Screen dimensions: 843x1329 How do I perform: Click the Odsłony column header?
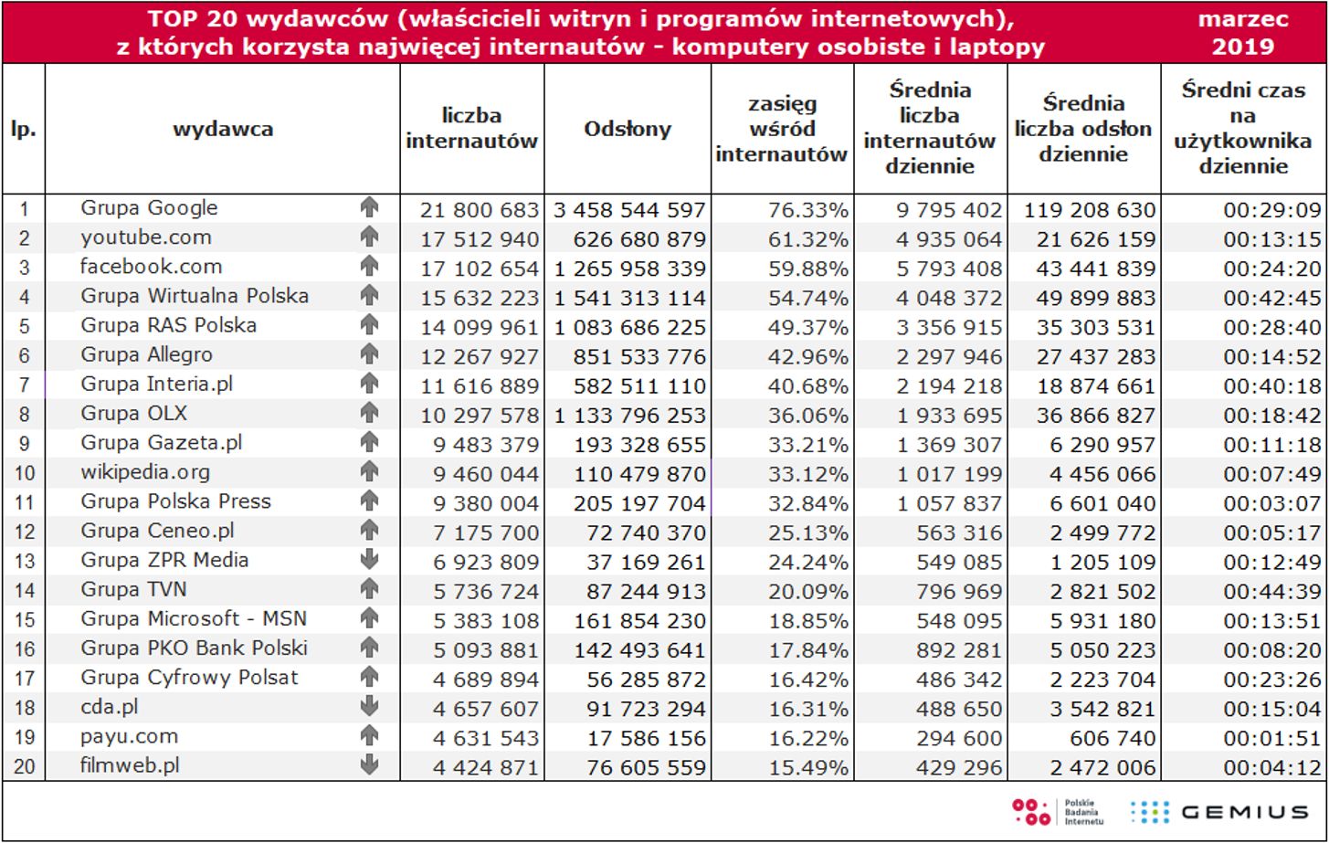628,129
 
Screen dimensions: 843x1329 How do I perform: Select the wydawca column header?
223,129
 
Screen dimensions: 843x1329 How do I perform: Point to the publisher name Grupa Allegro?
146,354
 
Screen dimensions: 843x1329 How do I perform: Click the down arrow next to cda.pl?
369,707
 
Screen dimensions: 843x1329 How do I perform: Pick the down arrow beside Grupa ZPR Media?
369,560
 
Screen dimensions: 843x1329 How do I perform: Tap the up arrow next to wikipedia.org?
369,472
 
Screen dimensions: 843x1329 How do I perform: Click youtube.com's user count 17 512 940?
480,239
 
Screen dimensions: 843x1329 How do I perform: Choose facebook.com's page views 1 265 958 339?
630,269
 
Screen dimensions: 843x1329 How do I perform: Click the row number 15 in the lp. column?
24,619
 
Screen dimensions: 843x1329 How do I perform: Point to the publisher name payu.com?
129,736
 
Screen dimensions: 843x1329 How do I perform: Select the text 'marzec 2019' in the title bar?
1243,33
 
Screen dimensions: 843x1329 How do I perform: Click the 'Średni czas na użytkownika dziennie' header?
1243,129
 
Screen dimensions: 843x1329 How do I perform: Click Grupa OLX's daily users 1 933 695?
949,416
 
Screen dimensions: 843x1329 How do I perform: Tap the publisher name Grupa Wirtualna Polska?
195,296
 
